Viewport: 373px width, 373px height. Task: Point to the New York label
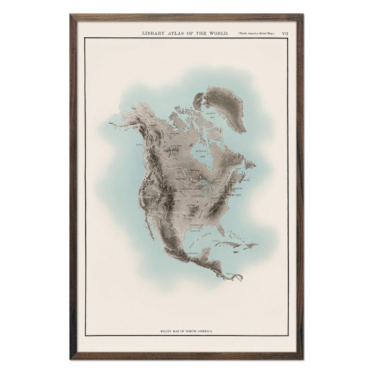[x=235, y=195]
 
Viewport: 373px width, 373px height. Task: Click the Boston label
[x=237, y=188]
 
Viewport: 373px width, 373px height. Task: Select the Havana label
[x=216, y=241]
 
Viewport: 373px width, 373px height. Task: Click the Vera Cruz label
[x=193, y=254]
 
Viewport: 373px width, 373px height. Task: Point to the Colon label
[x=230, y=274]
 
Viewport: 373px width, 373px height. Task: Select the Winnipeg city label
[x=180, y=179]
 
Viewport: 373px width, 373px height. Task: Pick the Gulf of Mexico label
[x=200, y=240]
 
